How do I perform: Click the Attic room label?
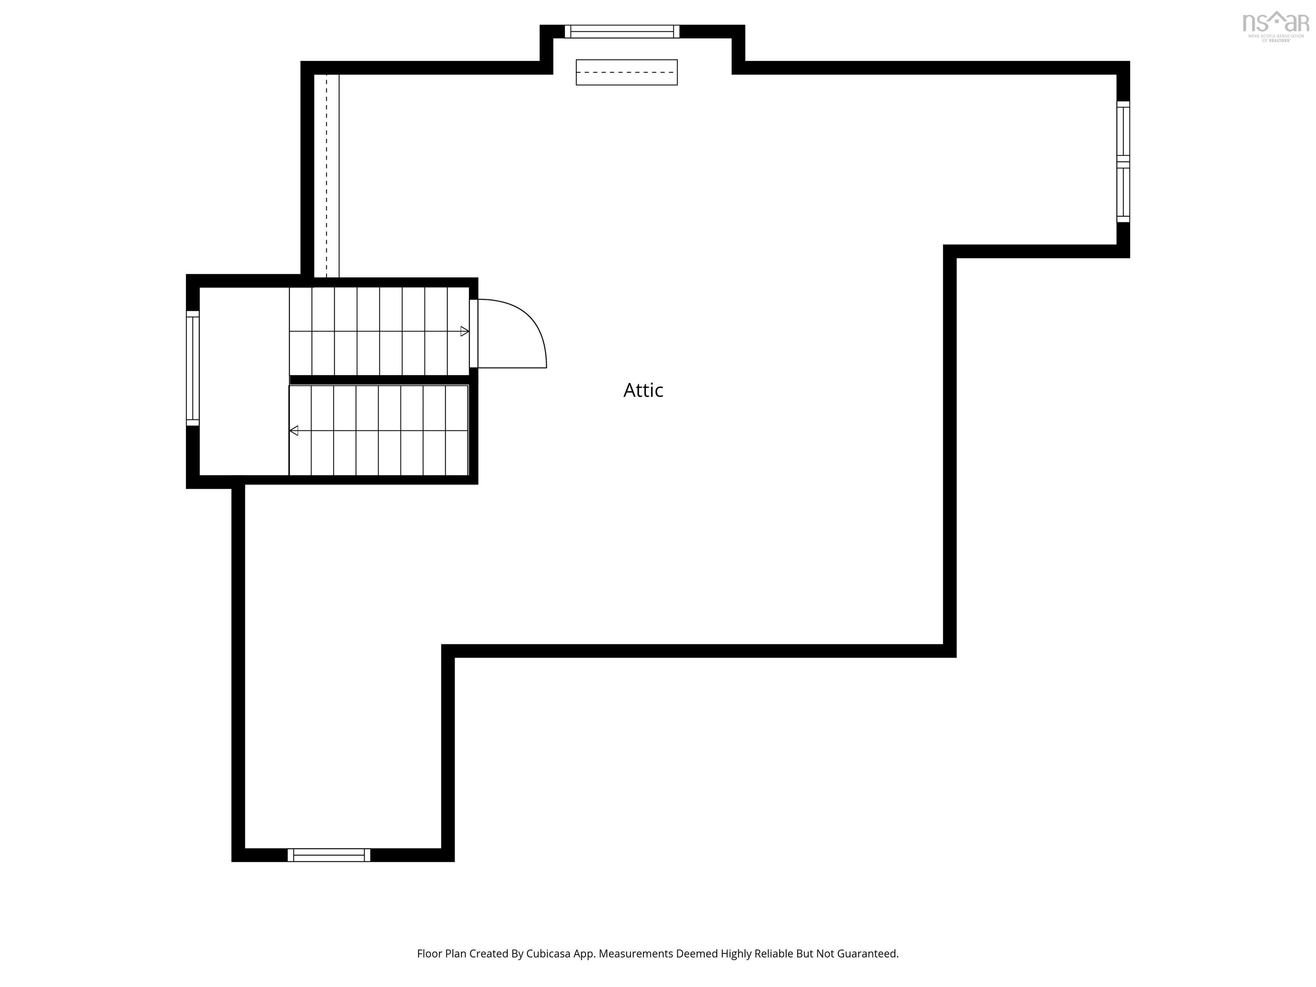(643, 390)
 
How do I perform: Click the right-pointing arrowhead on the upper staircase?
(465, 332)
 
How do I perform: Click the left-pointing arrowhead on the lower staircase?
(294, 430)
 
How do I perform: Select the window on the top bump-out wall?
(622, 32)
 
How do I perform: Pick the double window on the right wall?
(1123, 162)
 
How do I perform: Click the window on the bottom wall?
(329, 855)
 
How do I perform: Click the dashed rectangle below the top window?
(626, 72)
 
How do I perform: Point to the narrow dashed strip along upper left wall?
(326, 176)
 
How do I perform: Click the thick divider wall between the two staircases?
(381, 380)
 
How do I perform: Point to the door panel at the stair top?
(473, 333)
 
